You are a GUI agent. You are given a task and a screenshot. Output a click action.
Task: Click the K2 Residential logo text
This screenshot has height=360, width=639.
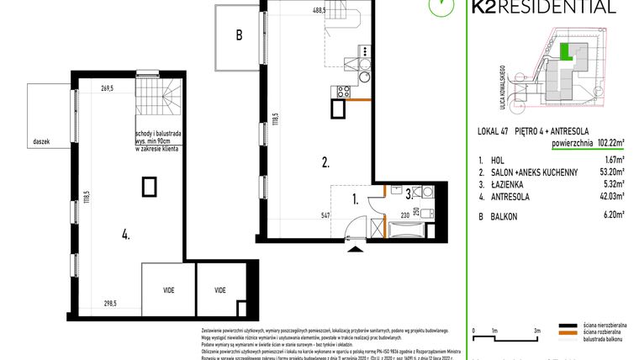pyautogui.click(x=552, y=8)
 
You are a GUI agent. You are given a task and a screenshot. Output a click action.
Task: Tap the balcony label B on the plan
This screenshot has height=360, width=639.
pyautogui.click(x=239, y=35)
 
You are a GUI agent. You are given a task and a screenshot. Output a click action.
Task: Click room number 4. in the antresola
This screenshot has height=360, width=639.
pyautogui.click(x=125, y=236)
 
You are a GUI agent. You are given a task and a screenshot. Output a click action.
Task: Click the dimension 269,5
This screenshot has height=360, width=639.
pyautogui.click(x=107, y=87)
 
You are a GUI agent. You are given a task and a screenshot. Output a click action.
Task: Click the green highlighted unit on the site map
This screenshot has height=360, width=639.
pyautogui.click(x=568, y=53)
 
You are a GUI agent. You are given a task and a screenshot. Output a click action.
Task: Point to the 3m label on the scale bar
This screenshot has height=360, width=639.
pyautogui.click(x=536, y=331)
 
